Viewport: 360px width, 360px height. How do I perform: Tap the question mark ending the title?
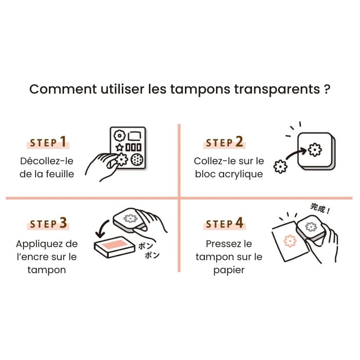click(327, 89)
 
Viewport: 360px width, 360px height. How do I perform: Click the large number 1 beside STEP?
click(63, 142)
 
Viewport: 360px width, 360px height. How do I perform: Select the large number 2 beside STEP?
click(239, 142)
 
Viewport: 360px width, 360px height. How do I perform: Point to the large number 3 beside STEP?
click(63, 223)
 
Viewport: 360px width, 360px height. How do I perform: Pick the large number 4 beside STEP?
click(239, 223)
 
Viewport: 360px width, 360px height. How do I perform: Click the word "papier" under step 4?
click(229, 269)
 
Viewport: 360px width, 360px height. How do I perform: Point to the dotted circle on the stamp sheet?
click(136, 160)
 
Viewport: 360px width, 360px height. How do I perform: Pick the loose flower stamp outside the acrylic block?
click(281, 167)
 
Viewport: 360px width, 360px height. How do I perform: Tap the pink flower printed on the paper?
click(291, 241)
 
